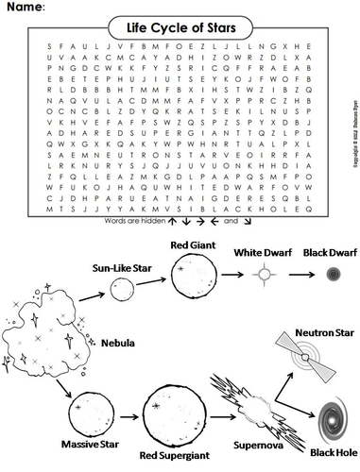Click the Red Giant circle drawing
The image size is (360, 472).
click(183, 273)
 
